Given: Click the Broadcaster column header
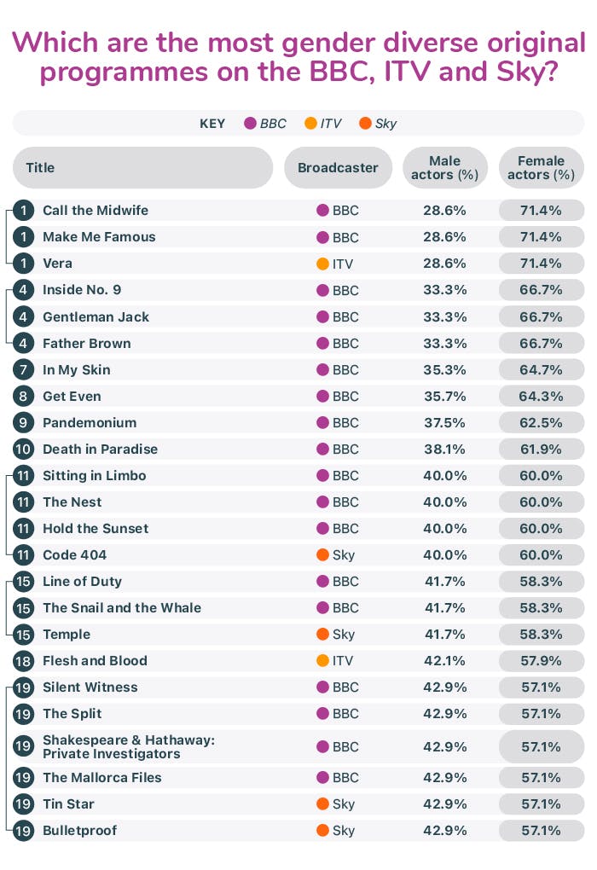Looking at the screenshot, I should [x=338, y=168].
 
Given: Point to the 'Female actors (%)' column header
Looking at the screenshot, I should [x=541, y=168].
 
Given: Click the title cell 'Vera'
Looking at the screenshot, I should [x=57, y=264].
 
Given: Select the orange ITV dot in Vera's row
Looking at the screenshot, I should [x=322, y=264].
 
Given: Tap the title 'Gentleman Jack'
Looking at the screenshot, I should [x=96, y=316].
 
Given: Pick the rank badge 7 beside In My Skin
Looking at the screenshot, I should [x=24, y=369].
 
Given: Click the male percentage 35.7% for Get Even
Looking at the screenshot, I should [x=445, y=396].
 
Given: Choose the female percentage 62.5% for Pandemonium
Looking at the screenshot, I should [x=541, y=422].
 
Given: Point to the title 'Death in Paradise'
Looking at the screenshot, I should [x=100, y=449].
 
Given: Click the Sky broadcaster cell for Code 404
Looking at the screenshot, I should [x=337, y=554].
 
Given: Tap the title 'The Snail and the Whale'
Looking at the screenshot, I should [x=122, y=607].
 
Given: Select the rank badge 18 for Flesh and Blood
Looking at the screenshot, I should [x=24, y=660].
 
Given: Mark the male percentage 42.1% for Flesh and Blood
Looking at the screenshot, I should [x=445, y=660].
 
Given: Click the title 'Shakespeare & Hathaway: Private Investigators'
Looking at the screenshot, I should [x=128, y=746].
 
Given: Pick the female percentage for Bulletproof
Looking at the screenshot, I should [x=541, y=830].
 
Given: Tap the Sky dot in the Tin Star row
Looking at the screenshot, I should [x=322, y=803].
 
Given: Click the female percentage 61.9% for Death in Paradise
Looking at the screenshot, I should [x=541, y=449].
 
